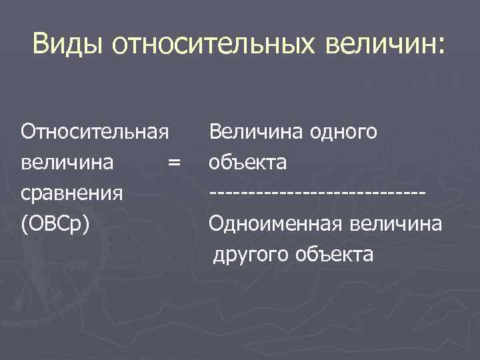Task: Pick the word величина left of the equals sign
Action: (67, 162)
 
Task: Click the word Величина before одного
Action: (259, 131)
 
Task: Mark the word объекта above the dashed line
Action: (248, 162)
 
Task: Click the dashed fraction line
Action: (317, 193)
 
